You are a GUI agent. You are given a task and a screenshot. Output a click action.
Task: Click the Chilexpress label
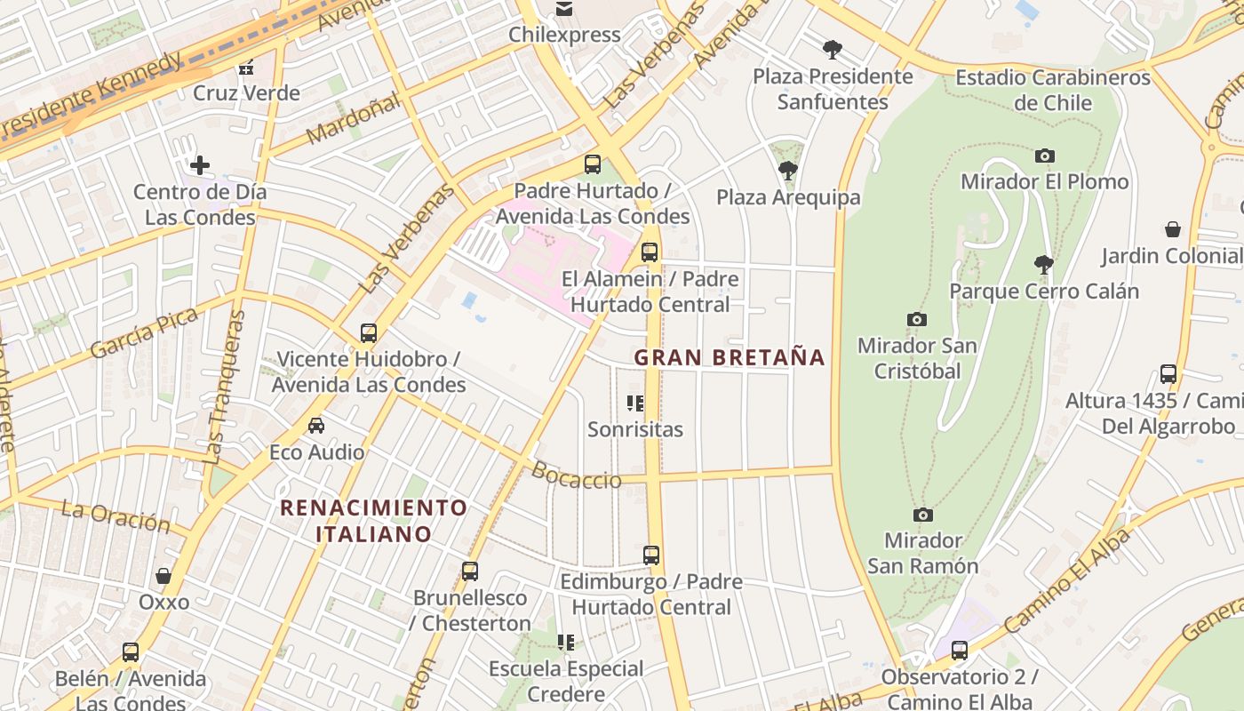564,35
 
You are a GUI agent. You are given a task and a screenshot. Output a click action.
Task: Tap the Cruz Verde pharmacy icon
246,67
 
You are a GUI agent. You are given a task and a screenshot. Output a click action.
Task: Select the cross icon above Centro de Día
200,164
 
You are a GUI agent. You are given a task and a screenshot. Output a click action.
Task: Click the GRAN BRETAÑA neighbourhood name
730,357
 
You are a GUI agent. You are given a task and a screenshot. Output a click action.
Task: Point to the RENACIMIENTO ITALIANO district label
373,521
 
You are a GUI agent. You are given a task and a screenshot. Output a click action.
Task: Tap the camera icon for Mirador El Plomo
1044,156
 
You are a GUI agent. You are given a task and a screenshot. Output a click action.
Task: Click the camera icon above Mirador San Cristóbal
916,319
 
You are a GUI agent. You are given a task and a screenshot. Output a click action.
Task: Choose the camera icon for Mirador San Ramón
923,515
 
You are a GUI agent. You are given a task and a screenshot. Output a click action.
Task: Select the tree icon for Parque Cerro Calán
1044,264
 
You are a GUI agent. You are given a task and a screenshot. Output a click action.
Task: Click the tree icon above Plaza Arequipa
787,170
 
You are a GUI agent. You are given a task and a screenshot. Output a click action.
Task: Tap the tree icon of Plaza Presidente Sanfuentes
833,49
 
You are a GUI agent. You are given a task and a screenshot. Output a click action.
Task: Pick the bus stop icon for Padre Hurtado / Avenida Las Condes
593,164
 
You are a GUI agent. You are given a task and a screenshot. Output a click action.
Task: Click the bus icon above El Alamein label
650,252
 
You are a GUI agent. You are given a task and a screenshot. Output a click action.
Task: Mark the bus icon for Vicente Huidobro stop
369,333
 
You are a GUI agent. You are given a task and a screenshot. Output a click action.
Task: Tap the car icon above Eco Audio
316,426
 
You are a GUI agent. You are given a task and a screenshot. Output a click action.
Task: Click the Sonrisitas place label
635,429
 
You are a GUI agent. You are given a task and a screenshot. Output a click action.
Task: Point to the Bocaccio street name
577,476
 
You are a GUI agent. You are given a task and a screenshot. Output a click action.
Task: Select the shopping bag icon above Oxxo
163,576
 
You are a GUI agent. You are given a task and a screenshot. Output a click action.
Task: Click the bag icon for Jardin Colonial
1173,229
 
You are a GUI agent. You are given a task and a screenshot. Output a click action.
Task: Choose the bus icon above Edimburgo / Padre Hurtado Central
651,555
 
